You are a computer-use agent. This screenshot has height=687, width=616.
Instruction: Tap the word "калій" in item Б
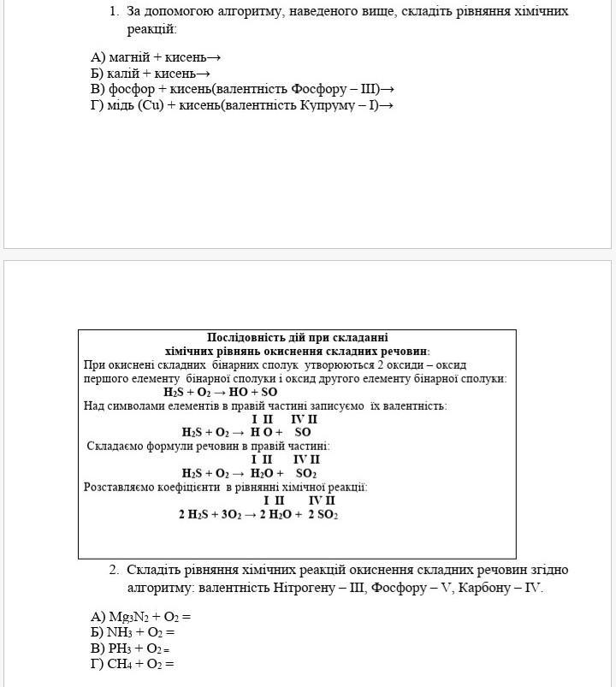127,74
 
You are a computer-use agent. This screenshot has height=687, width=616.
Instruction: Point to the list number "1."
113,12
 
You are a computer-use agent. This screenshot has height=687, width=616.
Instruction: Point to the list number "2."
113,570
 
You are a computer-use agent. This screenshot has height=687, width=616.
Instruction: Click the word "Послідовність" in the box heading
246,338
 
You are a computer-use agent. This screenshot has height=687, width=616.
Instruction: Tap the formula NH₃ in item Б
121,632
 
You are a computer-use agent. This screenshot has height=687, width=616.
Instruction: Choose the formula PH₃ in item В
119,648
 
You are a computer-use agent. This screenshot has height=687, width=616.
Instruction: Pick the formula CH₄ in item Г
121,664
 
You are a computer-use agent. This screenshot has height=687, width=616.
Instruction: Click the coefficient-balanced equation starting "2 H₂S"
258,515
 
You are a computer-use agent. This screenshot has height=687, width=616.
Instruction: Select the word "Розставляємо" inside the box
120,487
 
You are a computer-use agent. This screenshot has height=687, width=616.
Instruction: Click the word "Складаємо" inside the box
116,446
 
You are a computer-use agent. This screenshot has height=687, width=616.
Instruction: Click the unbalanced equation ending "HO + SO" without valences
220,392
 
